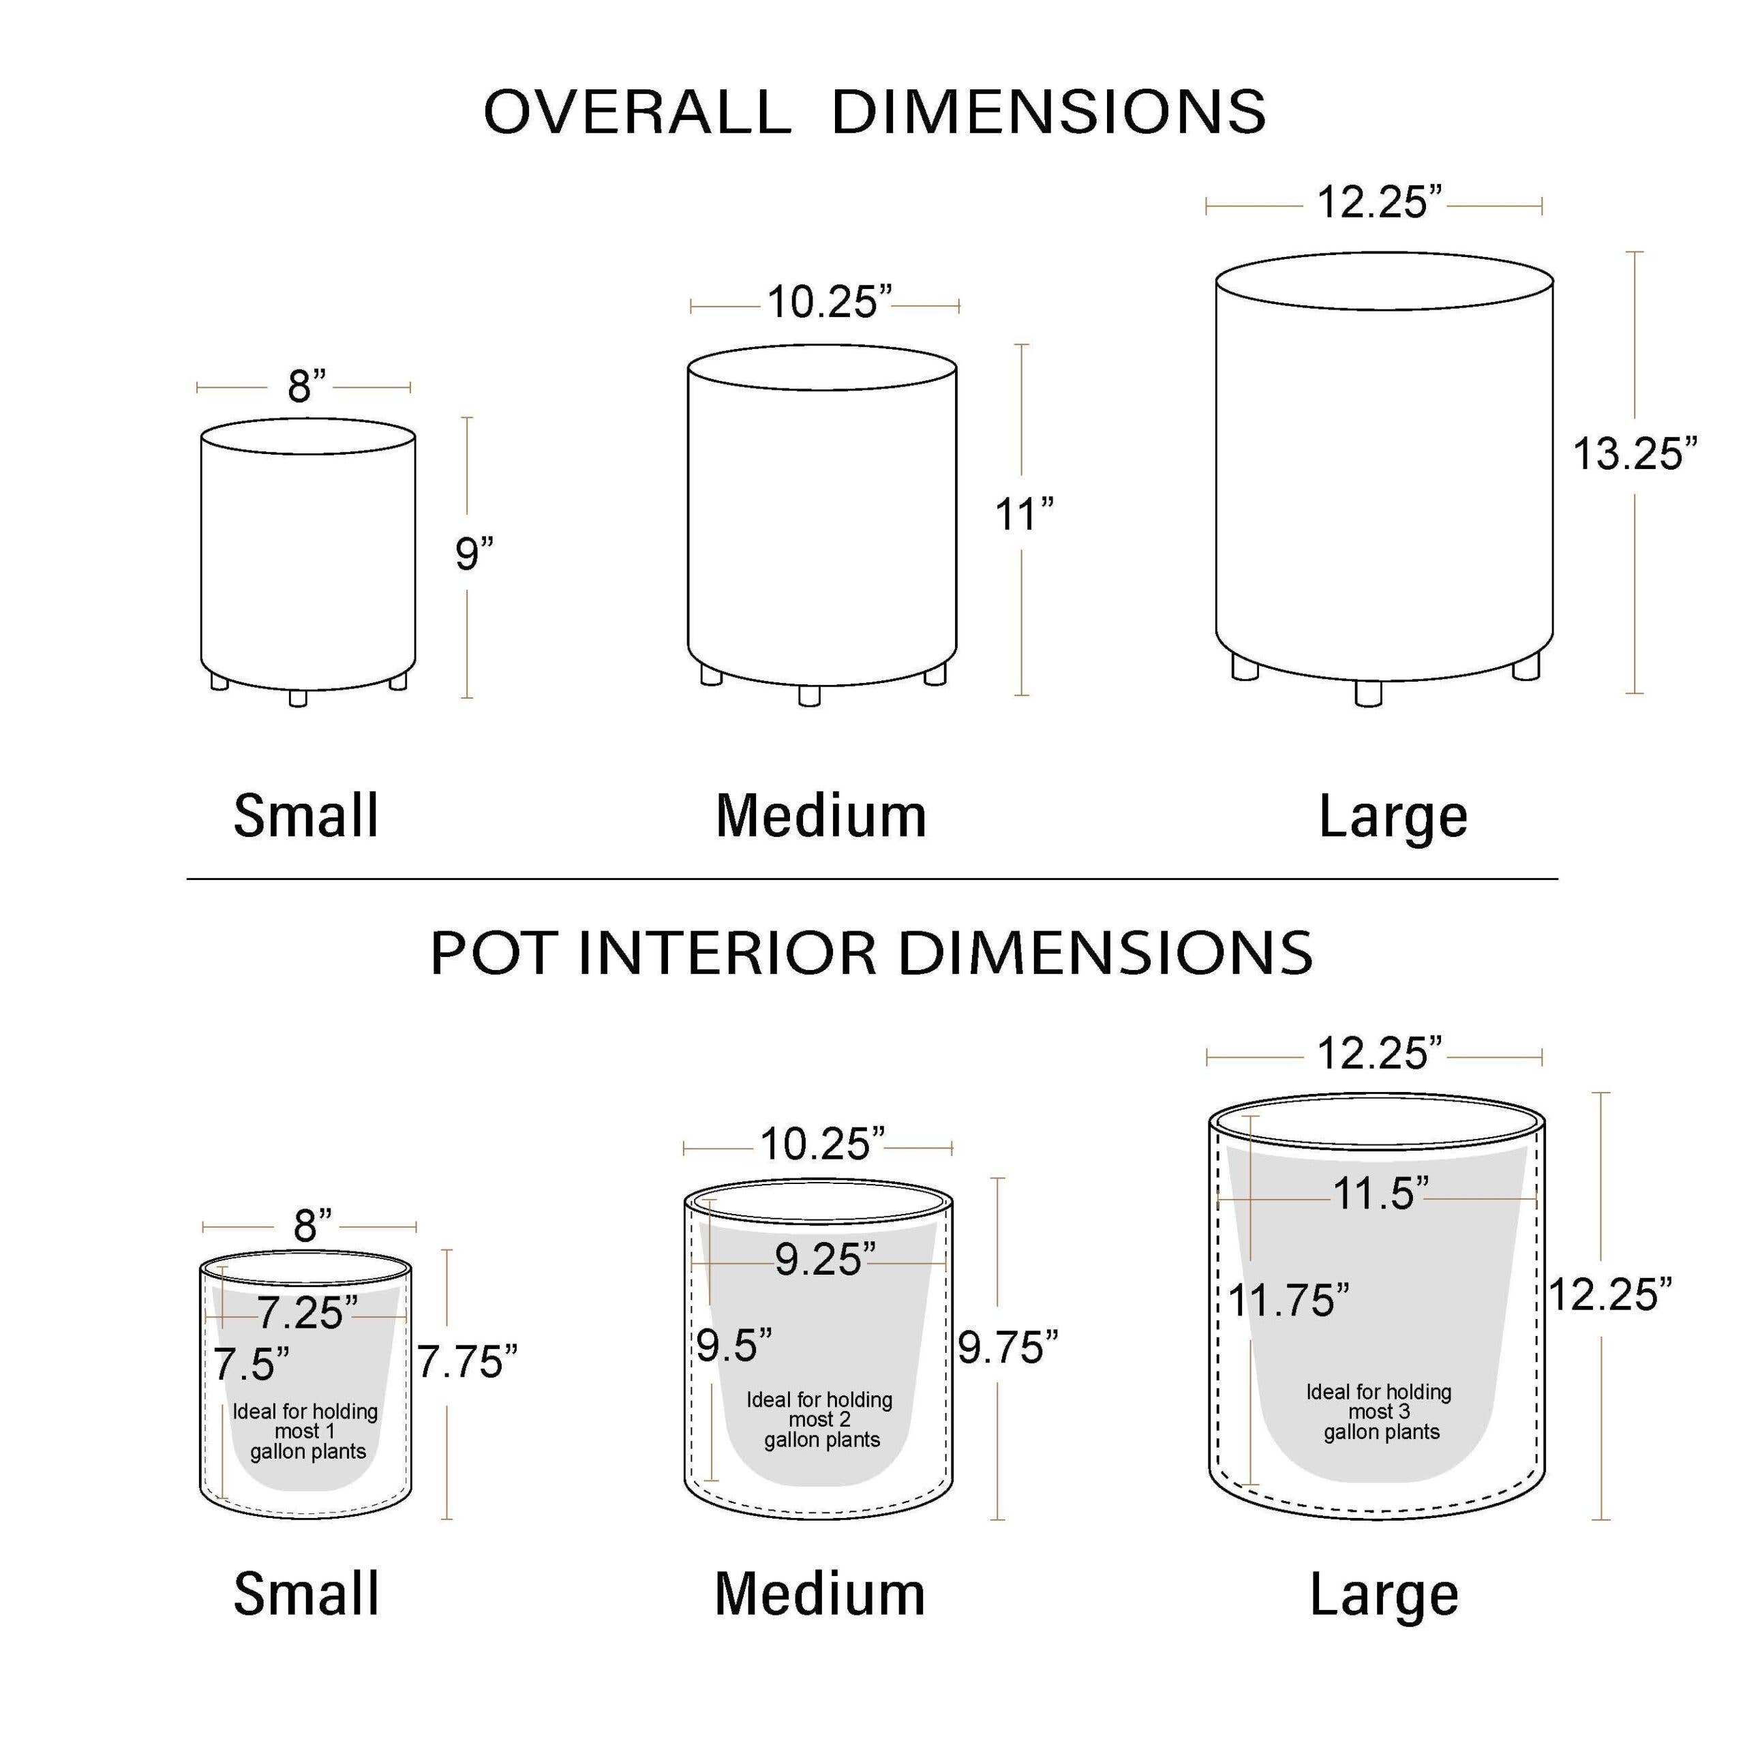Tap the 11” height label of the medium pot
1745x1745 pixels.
[x=1025, y=515]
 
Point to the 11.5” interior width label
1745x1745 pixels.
[x=1381, y=1194]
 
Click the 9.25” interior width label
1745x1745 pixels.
[x=825, y=1260]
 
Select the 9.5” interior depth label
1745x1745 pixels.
[x=734, y=1346]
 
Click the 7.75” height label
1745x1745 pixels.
[x=467, y=1361]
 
